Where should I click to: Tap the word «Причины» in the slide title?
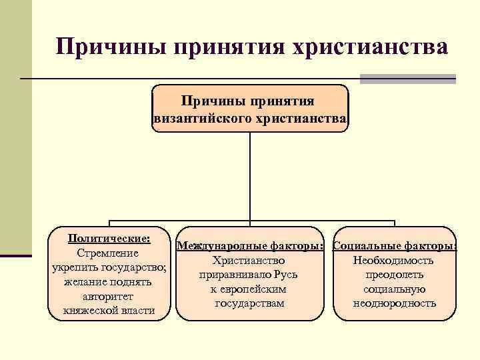[x=109, y=47]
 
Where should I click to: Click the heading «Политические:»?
[x=109, y=238]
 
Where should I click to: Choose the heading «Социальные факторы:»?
[x=394, y=246]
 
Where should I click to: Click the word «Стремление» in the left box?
[x=108, y=253]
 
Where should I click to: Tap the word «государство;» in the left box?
[x=135, y=267]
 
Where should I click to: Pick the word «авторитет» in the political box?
[x=108, y=296]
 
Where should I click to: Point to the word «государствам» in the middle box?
[x=249, y=303]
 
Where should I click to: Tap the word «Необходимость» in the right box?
[x=394, y=260]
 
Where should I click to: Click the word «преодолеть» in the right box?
[x=394, y=275]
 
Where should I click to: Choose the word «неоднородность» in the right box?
[x=394, y=303]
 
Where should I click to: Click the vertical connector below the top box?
[x=250, y=176]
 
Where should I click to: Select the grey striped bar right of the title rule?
[x=407, y=79]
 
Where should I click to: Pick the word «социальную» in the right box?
[x=394, y=289]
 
